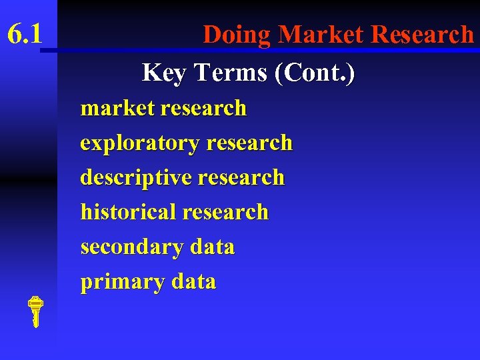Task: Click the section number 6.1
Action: click(25, 33)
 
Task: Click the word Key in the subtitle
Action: click(164, 73)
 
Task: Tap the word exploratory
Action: click(140, 143)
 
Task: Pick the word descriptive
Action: click(136, 178)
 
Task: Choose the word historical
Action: click(128, 213)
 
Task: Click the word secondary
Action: click(132, 247)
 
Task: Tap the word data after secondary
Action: click(212, 247)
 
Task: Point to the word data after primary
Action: click(193, 282)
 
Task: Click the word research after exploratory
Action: click(249, 143)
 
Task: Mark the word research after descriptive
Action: click(241, 178)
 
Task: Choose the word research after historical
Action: click(225, 213)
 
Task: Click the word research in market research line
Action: click(203, 108)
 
